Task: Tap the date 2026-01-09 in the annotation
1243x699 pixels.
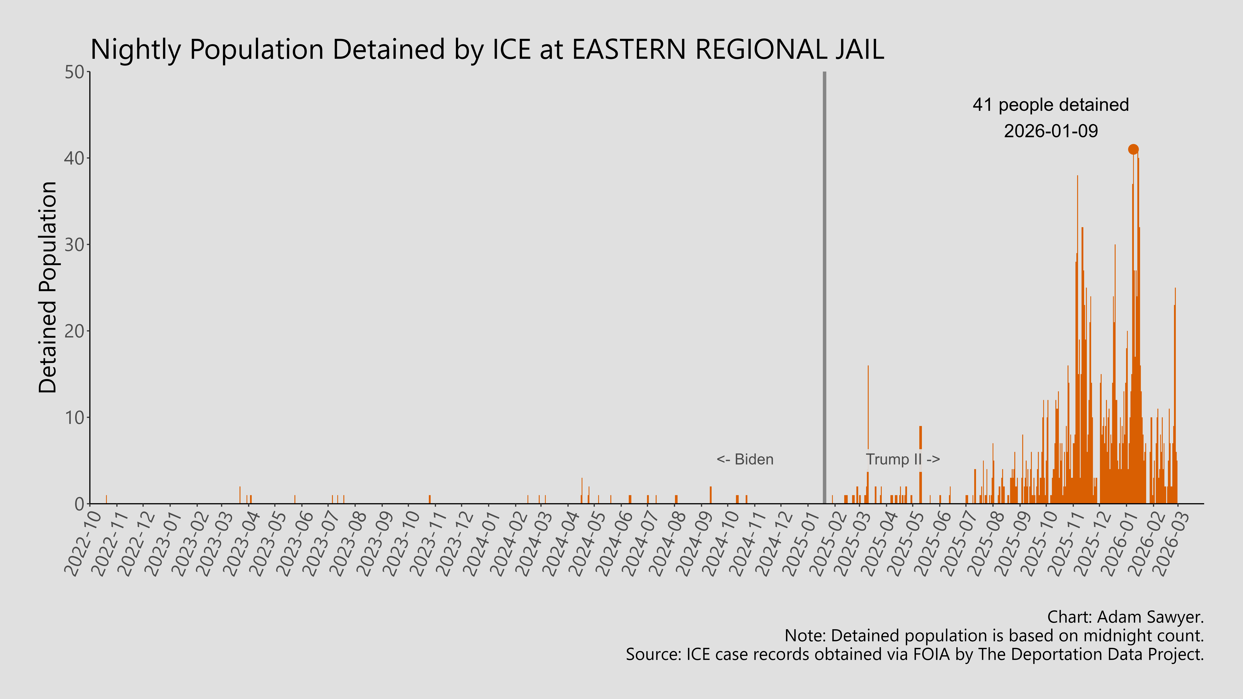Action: pos(1050,131)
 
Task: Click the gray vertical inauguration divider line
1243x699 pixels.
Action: pos(824,289)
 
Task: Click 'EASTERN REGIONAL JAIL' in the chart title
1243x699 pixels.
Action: pos(728,50)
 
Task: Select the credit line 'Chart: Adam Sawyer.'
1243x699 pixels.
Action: pos(1125,617)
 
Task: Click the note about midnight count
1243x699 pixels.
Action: pos(994,636)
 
